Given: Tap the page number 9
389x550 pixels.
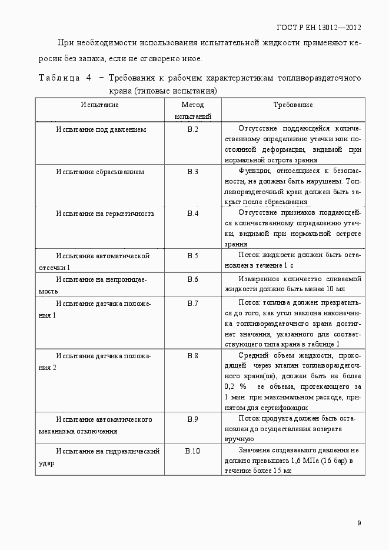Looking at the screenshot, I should pos(359,523).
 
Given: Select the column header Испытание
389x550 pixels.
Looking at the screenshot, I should pos(99,105).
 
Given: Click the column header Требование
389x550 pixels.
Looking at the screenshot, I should pos(292,105).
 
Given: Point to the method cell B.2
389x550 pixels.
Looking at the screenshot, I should pos(192,129).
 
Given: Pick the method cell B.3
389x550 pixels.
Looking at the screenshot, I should pos(192,172).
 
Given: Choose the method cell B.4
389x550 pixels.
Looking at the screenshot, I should pos(192,214).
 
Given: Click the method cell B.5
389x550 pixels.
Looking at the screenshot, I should pos(192,256).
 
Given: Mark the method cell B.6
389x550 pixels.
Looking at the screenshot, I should pos(192,279).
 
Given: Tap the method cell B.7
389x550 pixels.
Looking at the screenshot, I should pos(192,303).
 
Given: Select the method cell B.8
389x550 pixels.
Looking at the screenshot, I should pos(192,356).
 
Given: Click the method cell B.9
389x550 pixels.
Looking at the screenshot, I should pos(192,419).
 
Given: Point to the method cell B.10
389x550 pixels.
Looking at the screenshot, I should pos(192,451).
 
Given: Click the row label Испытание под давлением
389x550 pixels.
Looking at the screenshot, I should pos(101,129).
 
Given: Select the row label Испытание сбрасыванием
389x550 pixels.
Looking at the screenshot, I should pos(101,172).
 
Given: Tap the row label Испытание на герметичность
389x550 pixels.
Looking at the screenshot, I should pos(105,214).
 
